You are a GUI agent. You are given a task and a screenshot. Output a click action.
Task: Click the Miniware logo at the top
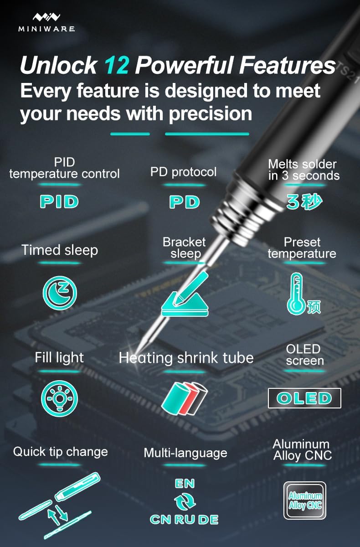click(x=46, y=21)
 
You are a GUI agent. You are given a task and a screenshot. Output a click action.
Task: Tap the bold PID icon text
click(x=59, y=201)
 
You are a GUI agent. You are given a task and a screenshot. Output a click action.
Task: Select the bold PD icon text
click(x=185, y=201)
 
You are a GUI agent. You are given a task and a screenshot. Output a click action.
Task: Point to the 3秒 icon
click(x=304, y=201)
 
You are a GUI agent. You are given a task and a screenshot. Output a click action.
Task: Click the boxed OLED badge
click(x=304, y=398)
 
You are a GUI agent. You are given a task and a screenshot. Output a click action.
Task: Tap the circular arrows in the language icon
click(x=185, y=502)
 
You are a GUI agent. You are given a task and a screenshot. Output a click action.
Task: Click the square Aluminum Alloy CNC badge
click(x=305, y=501)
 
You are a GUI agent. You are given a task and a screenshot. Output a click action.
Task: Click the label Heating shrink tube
click(x=186, y=358)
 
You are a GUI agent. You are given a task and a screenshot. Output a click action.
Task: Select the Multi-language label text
click(x=185, y=453)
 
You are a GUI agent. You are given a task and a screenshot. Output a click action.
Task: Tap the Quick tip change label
click(x=61, y=452)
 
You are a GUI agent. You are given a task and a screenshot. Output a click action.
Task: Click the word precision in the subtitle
click(x=210, y=113)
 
